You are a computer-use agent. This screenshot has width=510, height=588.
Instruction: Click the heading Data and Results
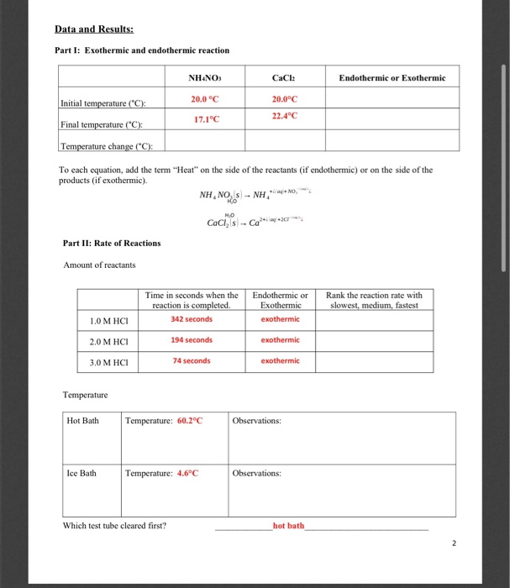95,29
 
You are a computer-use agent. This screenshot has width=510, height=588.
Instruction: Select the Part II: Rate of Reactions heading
112,243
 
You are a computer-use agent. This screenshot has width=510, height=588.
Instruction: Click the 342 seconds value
192,319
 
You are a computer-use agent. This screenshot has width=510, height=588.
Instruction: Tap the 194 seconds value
192,340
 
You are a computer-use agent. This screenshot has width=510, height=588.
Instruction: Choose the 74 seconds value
192,360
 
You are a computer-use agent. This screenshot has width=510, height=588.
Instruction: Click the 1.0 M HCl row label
107,321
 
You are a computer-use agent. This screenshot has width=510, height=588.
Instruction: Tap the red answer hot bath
288,526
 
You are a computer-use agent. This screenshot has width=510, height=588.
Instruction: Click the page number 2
454,543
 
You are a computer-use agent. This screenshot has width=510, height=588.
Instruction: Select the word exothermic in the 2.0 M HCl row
280,340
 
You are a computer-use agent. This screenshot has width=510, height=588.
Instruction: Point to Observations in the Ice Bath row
257,473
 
